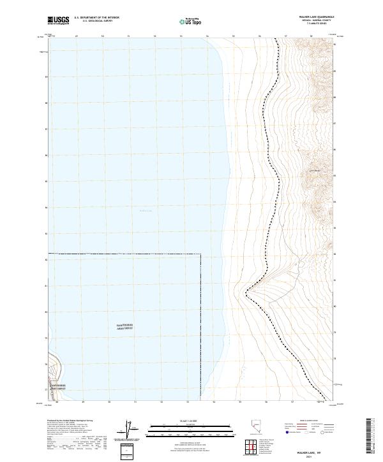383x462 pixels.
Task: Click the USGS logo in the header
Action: [x=59, y=20]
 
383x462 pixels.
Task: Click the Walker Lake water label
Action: [x=146, y=211]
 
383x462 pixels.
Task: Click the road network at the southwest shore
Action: [x=54, y=376]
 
